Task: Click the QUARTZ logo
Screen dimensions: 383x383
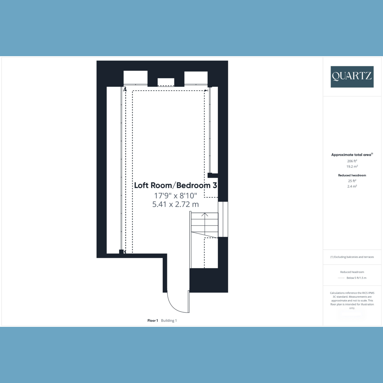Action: (x=352, y=77)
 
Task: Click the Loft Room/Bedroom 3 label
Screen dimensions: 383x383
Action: (x=176, y=185)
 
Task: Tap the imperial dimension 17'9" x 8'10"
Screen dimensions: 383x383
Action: (x=176, y=196)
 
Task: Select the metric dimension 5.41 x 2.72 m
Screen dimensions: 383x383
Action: (x=176, y=204)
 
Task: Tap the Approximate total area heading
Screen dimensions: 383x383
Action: (x=352, y=154)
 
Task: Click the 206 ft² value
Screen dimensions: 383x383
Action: (x=352, y=161)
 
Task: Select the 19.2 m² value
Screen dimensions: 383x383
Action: (x=352, y=166)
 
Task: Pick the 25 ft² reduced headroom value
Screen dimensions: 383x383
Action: (x=352, y=181)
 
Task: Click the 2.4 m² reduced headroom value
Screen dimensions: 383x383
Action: (x=352, y=186)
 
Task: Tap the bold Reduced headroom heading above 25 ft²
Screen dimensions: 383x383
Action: (x=352, y=175)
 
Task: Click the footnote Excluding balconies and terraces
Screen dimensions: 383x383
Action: (x=352, y=257)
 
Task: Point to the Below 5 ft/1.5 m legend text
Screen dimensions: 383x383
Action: (x=357, y=278)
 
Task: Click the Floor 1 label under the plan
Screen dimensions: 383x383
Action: (x=153, y=320)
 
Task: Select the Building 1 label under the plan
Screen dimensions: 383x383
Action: (x=169, y=320)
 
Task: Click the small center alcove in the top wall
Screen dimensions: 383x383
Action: (x=166, y=82)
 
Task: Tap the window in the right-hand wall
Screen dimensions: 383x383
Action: (x=223, y=219)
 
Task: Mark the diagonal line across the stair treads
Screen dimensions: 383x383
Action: (x=205, y=235)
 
